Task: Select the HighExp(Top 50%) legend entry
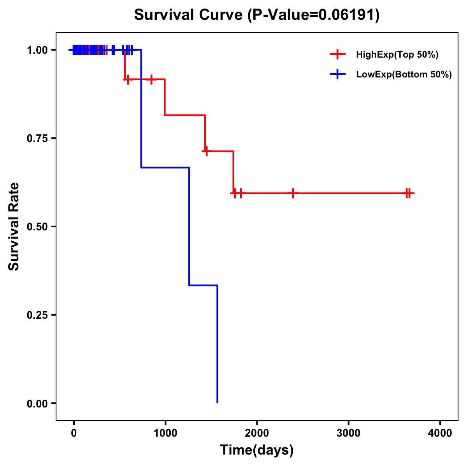(397, 55)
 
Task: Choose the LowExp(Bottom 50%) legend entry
(404, 75)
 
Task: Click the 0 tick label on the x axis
(74, 433)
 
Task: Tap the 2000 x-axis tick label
(257, 433)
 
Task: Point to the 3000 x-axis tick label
(348, 433)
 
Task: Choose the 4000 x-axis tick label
(440, 433)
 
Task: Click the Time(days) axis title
(257, 450)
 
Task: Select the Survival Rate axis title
(14, 226)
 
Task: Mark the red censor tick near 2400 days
(293, 193)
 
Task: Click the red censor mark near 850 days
(151, 79)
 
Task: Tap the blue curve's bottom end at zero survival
(217, 402)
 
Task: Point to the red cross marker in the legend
(337, 55)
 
